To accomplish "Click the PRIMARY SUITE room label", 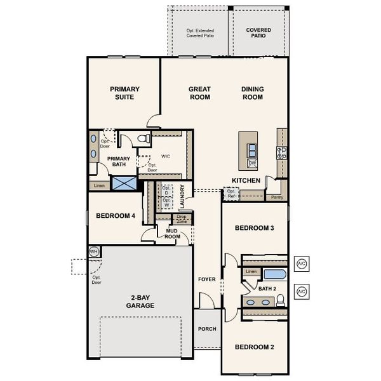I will (x=124, y=93).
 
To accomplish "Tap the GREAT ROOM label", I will (x=199, y=93).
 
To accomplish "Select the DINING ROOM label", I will (x=252, y=93).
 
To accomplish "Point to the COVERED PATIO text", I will (x=258, y=33).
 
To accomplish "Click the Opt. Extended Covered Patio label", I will (x=199, y=33).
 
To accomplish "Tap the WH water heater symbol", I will (x=94, y=251).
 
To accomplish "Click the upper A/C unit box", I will (x=302, y=262).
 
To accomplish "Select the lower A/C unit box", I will (x=302, y=291).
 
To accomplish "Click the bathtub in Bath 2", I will (x=275, y=275).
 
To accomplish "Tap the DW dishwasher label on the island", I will (x=252, y=163).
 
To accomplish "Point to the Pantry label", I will (x=277, y=197).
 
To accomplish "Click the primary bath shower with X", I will (x=124, y=183).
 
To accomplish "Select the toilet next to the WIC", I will (x=143, y=138).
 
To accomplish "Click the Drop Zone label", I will (x=182, y=220).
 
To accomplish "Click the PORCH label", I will (x=207, y=329).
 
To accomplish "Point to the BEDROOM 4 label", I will (x=116, y=216).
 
